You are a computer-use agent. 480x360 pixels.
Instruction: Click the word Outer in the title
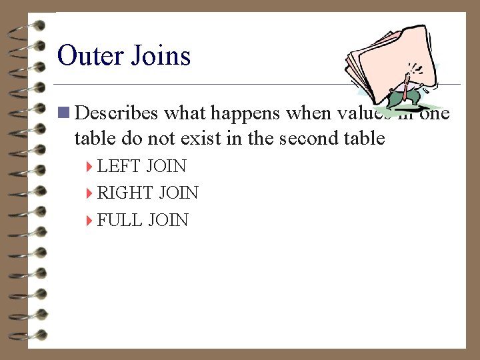click(89, 55)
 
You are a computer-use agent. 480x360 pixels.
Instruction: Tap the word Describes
click(117, 113)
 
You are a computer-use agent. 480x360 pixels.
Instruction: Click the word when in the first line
click(306, 113)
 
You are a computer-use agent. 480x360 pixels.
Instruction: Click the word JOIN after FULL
click(168, 221)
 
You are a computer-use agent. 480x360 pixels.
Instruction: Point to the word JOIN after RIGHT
click(179, 193)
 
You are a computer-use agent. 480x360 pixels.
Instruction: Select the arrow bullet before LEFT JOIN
click(89, 166)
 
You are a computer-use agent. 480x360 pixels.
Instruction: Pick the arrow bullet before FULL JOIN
click(89, 221)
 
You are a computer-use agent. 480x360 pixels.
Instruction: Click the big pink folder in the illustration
click(387, 60)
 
